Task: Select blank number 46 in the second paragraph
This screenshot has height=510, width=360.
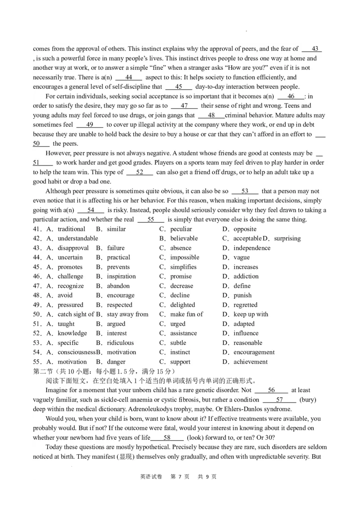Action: [291, 96]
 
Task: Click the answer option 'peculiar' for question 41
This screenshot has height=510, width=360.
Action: [181, 229]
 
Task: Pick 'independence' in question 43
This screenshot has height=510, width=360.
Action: [252, 248]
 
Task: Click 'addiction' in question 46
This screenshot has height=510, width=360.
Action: [246, 276]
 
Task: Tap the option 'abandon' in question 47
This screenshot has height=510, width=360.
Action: [118, 286]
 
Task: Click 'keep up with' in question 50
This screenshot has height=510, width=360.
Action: [251, 314]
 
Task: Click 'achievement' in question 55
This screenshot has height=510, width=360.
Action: [250, 362]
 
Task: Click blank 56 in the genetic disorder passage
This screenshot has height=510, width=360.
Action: [271, 390]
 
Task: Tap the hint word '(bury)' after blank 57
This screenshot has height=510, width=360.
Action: [308, 400]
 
